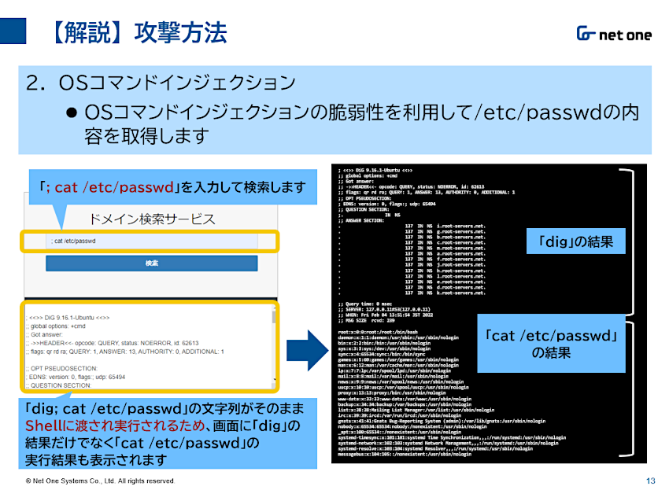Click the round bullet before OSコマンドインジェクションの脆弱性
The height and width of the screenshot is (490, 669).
pyautogui.click(x=72, y=112)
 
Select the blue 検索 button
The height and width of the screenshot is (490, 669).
pyautogui.click(x=152, y=263)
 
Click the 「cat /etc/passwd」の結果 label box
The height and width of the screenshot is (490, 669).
pyautogui.click(x=549, y=344)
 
